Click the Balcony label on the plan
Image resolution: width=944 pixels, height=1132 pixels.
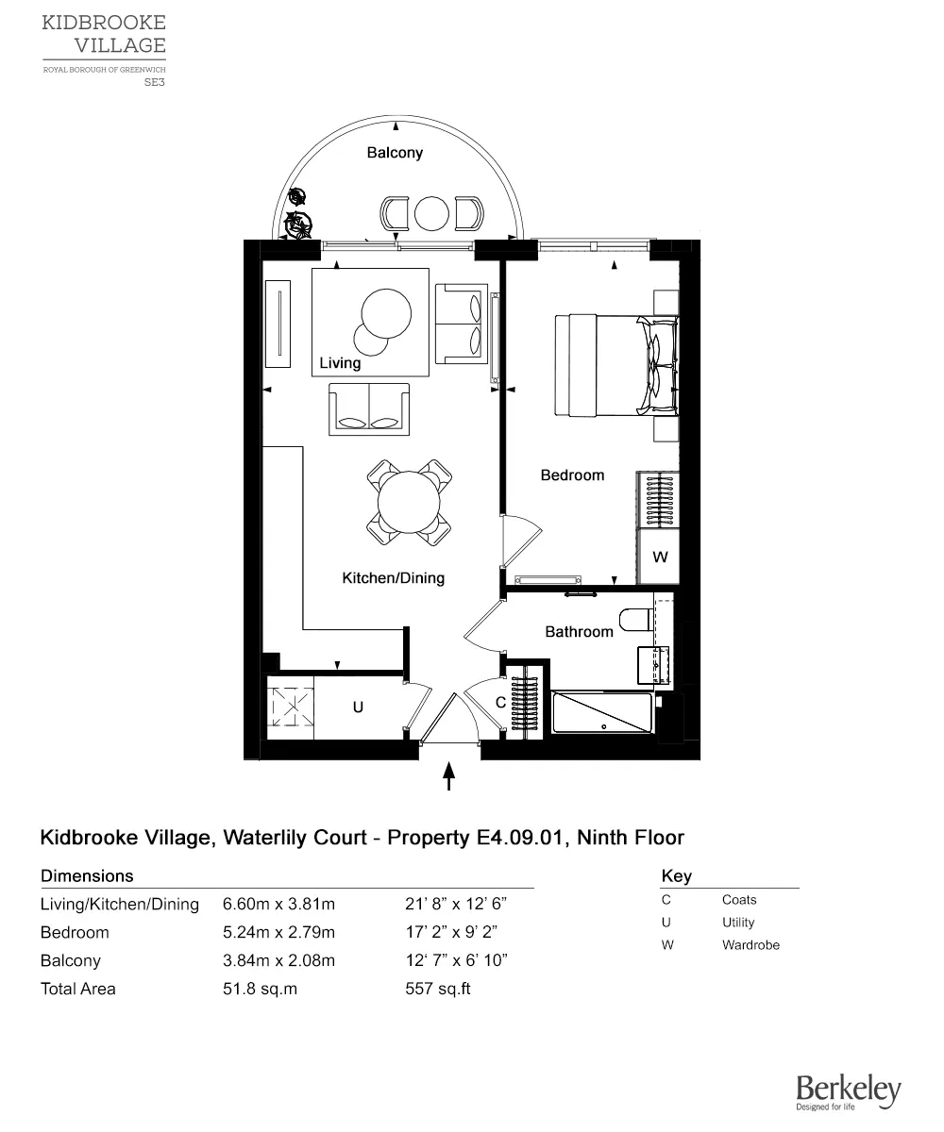395,153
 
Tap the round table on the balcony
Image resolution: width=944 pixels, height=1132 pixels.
432,213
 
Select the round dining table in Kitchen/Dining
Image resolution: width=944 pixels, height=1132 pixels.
409,501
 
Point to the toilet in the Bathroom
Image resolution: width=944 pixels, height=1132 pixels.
635,621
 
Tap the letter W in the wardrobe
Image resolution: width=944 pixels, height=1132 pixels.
660,558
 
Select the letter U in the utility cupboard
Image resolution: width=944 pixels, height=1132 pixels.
358,706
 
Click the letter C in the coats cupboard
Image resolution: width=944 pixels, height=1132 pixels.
500,703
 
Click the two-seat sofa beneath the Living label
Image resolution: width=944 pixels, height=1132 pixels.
369,409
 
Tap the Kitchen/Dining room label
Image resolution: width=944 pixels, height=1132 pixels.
393,578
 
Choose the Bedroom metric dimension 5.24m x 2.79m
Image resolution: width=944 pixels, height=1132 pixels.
278,933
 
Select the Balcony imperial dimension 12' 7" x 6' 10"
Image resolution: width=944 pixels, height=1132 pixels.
456,961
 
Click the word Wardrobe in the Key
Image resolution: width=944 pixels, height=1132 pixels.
750,945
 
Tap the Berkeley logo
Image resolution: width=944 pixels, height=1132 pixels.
848,1092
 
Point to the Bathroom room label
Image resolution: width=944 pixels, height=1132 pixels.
579,632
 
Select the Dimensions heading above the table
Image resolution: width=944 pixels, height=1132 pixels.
87,876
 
